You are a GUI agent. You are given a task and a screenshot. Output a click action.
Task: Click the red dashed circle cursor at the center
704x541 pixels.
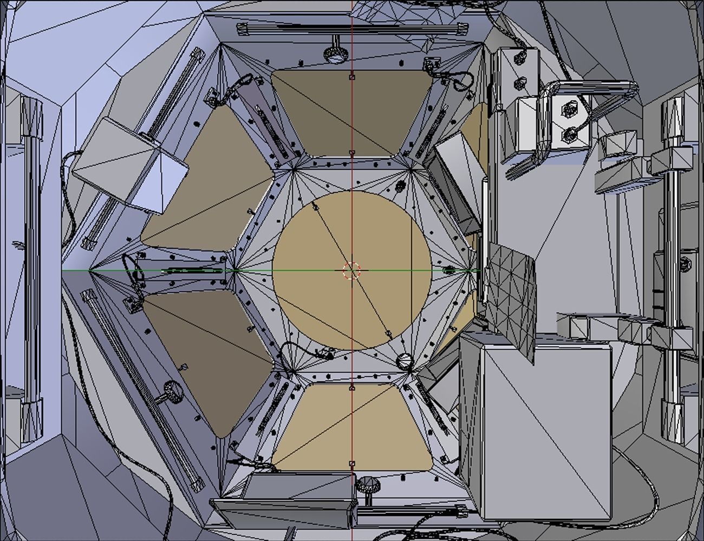tap(351, 270)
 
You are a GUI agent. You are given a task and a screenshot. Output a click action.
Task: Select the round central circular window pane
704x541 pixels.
tap(325, 303)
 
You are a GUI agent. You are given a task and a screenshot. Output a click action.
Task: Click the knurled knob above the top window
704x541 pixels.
tap(335, 51)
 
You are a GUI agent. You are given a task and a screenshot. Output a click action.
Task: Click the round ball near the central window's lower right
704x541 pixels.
tap(405, 361)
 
